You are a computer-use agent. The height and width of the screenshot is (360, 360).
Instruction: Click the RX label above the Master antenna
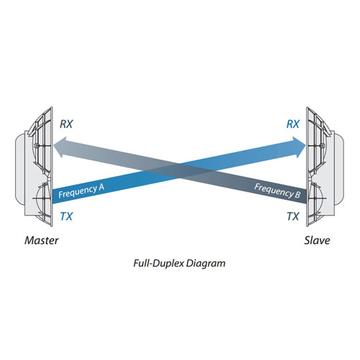[66, 124]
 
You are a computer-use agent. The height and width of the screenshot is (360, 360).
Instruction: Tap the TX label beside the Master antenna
[66, 217]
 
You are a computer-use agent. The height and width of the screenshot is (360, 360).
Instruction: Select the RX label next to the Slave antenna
[293, 124]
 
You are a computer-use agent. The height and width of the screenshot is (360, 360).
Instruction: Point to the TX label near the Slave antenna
[293, 217]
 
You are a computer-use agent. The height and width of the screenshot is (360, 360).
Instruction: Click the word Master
[42, 240]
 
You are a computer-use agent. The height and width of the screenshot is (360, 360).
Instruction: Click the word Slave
[317, 240]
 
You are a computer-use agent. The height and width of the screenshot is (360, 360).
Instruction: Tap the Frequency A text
[81, 191]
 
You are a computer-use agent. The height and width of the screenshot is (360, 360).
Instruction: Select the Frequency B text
[277, 191]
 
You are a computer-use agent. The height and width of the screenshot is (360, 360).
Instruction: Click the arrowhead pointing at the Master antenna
[60, 147]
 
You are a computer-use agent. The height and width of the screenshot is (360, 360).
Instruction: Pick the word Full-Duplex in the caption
[159, 264]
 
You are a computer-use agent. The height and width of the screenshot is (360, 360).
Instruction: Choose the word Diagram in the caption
[206, 264]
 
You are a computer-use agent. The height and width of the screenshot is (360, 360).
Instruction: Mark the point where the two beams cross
[179, 171]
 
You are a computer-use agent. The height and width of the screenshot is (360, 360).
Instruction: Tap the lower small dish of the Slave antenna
[316, 199]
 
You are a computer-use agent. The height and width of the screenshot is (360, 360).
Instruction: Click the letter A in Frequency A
[101, 187]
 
